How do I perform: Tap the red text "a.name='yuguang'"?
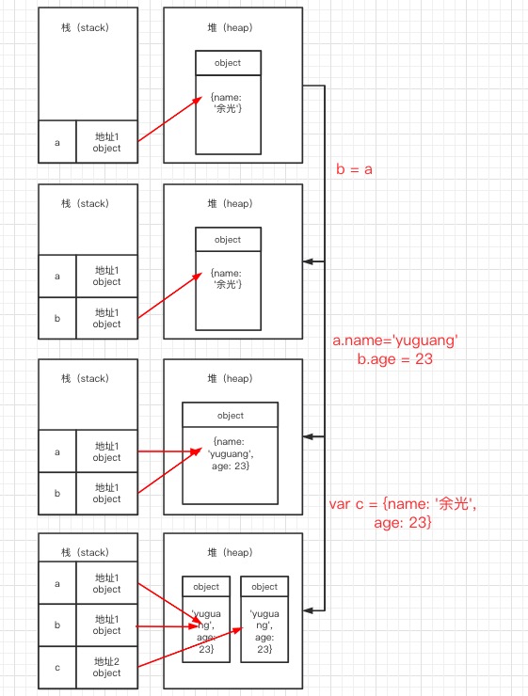pyautogui.click(x=395, y=340)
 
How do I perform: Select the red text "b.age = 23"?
pyautogui.click(x=395, y=358)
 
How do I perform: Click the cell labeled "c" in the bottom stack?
pyautogui.click(x=57, y=667)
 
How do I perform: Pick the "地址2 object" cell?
pyautogui.click(x=106, y=667)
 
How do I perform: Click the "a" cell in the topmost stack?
pyautogui.click(x=57, y=142)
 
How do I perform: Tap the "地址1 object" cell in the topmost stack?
pyautogui.click(x=106, y=142)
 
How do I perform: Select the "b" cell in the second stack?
pyautogui.click(x=57, y=318)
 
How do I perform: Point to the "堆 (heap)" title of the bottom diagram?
pyautogui.click(x=232, y=552)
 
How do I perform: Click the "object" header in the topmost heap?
pyautogui.click(x=228, y=63)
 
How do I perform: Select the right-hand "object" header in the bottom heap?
pyautogui.click(x=264, y=587)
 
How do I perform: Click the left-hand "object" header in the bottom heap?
pyautogui.click(x=206, y=587)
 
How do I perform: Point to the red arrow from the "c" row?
pyautogui.click(x=188, y=649)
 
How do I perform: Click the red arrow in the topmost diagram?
pyautogui.click(x=169, y=118)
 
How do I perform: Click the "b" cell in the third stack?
pyautogui.click(x=57, y=493)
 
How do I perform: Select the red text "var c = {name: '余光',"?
pyautogui.click(x=403, y=504)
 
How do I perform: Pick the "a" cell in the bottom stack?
pyautogui.click(x=57, y=584)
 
